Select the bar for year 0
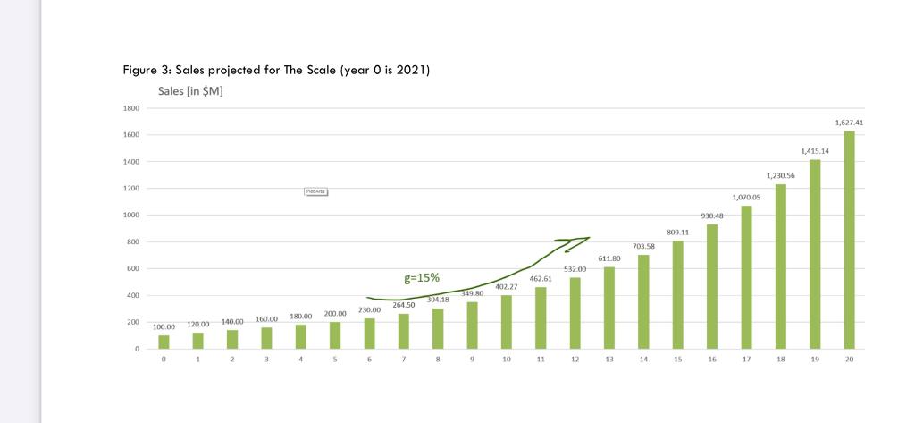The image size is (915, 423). coord(164,342)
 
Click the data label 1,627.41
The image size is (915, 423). coord(849,123)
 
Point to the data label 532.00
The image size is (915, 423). coord(575,269)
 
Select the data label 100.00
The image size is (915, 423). coord(164,327)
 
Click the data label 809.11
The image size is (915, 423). coord(677,232)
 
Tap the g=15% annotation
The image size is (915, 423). coord(422,277)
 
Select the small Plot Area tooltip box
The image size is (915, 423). coord(316,191)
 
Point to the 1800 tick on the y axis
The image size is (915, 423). coord(131,108)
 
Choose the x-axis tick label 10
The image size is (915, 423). coord(506,359)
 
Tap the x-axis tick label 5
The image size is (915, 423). coord(335,359)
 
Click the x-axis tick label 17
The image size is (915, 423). coord(746,359)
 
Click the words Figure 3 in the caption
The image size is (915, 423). coord(146,70)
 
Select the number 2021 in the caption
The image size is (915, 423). coord(409,70)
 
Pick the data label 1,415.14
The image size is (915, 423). coord(815,151)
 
